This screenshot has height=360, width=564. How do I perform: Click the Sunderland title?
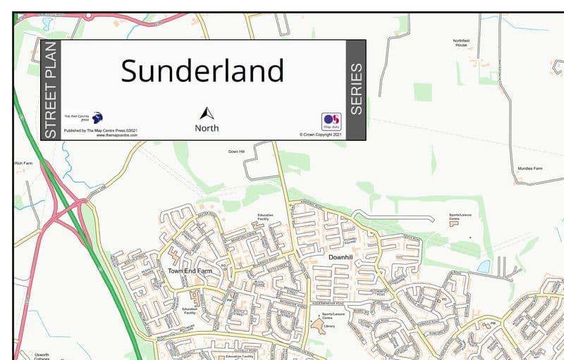[202, 71]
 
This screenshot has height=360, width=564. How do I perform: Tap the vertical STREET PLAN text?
[50, 89]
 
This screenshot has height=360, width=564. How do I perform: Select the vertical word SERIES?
[356, 89]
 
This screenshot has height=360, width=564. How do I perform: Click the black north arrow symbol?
[207, 113]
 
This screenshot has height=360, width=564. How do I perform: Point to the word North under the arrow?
[207, 128]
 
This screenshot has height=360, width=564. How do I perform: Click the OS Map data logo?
[331, 121]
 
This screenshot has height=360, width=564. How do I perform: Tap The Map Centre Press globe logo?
[97, 118]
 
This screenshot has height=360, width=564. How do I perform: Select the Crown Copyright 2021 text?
[320, 135]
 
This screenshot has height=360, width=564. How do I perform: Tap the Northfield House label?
[461, 43]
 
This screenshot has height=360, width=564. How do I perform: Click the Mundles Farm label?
[528, 169]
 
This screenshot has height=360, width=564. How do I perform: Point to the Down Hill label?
[236, 151]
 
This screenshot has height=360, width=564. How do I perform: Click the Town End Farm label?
[190, 271]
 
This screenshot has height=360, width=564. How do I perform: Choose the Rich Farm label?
[23, 163]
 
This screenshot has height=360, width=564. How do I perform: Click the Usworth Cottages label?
[42, 356]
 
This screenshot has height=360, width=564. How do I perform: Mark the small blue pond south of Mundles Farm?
[483, 267]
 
